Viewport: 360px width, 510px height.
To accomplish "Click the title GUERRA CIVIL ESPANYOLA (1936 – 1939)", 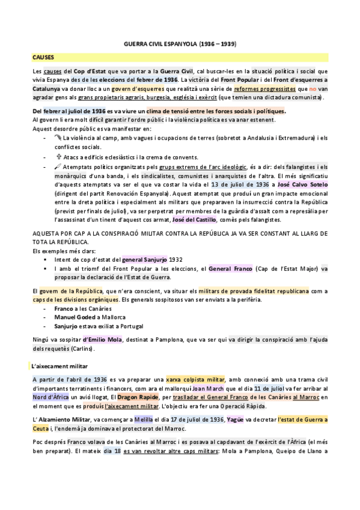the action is [x=180, y=45].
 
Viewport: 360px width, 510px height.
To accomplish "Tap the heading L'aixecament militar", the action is [x=59, y=365].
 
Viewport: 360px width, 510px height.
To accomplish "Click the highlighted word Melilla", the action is [x=160, y=418].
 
